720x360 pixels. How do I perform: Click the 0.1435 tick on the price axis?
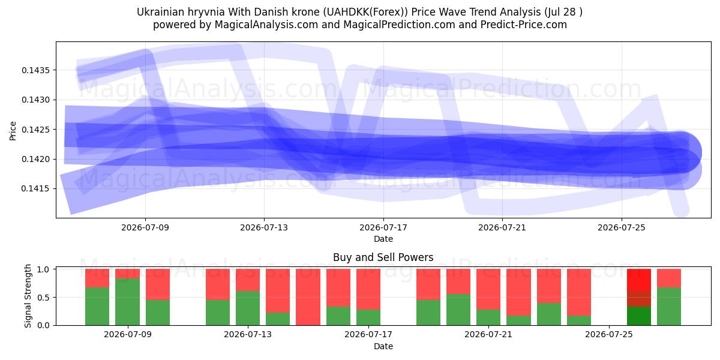pos(35,70)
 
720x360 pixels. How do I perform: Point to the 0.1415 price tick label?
pos(35,188)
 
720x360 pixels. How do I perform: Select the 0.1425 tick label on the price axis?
pos(35,130)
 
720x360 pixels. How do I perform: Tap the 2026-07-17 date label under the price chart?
pos(383,227)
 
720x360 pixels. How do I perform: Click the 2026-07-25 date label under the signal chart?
pos(609,335)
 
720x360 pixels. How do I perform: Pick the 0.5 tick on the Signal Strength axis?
pos(43,298)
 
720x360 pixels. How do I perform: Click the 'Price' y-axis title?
pos(13,131)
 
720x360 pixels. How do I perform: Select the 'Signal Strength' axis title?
pos(28,296)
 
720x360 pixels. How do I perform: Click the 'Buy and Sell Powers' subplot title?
pos(383,257)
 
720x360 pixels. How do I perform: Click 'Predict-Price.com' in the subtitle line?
pos(524,25)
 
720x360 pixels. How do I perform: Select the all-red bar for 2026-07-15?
pos(308,297)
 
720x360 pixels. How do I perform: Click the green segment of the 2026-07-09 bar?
pos(128,302)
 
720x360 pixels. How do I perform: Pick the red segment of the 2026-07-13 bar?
pos(248,280)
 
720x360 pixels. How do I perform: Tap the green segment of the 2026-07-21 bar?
pos(488,317)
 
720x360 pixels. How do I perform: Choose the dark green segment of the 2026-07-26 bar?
pos(639,316)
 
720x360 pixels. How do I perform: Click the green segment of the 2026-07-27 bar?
pos(669,307)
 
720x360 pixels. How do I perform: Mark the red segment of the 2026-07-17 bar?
pos(368,289)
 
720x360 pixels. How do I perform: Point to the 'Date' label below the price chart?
pos(383,239)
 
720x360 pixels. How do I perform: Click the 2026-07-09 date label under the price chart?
pos(145,227)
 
